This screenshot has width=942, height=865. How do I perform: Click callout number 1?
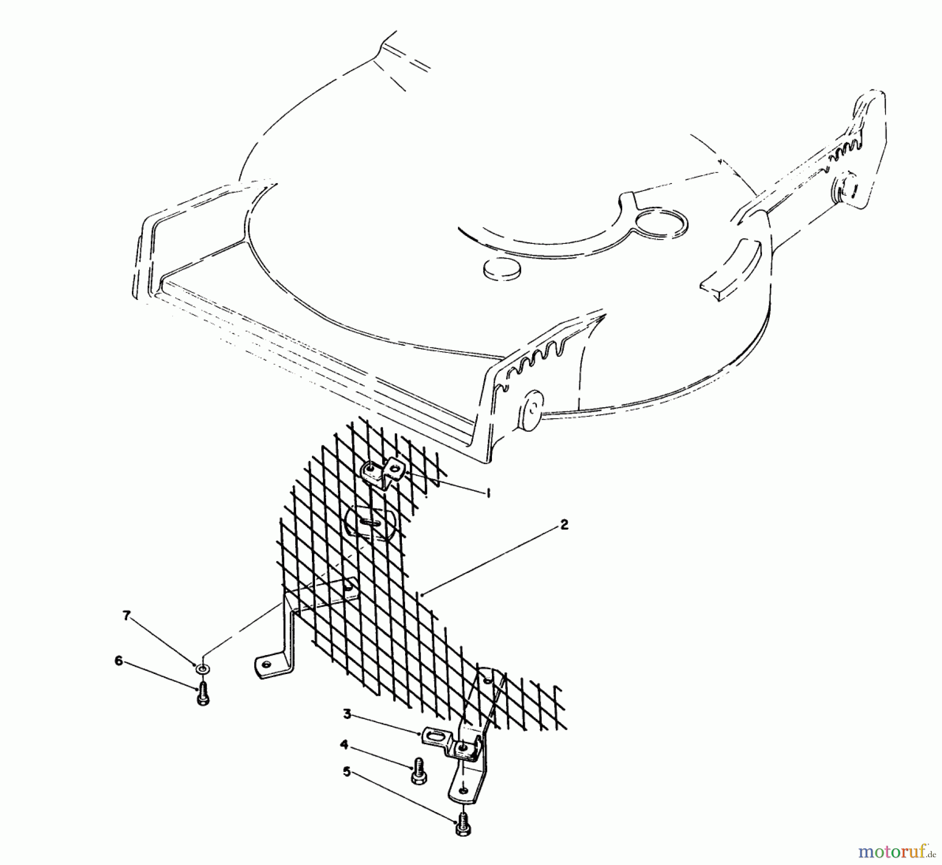pos(488,492)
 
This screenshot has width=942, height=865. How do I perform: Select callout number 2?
pos(564,524)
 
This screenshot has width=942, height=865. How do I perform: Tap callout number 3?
pos(347,714)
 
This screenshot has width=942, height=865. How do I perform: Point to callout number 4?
pos(344,745)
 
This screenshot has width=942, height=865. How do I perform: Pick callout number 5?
pos(346,772)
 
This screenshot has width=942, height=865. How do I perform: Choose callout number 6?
pos(119,661)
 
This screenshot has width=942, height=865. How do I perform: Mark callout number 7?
pos(126,616)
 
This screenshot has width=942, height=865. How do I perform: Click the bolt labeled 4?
pos(418,771)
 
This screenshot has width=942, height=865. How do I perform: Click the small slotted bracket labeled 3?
pos(436,739)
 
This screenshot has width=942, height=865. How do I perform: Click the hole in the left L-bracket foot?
pos(266,665)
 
